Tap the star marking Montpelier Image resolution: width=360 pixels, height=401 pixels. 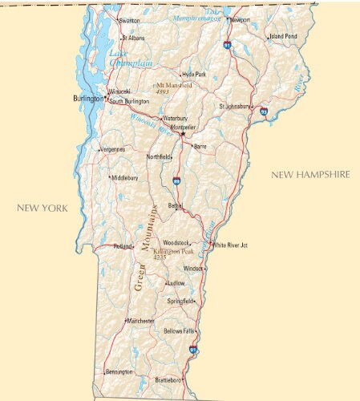point(182,134)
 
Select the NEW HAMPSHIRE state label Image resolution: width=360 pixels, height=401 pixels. point(311,174)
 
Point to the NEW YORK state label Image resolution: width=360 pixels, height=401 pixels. point(42,208)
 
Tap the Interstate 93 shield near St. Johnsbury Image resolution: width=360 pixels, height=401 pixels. point(264,112)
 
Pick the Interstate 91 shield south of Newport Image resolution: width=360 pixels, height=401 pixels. point(228,46)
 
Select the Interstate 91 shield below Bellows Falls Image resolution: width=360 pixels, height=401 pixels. point(192,349)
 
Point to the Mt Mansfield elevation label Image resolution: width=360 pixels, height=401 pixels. point(174,87)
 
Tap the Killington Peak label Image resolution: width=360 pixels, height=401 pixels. point(173,253)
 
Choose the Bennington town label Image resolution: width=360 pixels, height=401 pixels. point(119,372)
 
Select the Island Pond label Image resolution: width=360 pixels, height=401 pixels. point(283,36)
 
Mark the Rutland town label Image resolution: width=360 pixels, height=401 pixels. point(122,246)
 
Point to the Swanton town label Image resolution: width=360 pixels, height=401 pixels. point(128,20)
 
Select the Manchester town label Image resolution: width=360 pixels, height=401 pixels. point(140,321)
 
